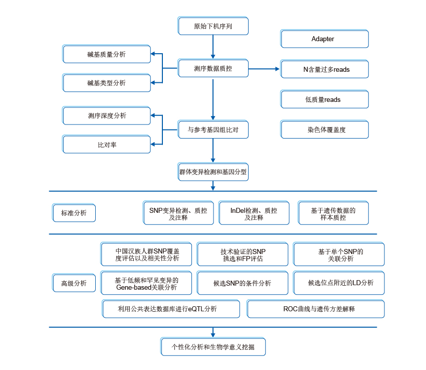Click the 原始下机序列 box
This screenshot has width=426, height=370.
tap(213, 26)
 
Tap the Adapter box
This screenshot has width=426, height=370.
tap(324, 39)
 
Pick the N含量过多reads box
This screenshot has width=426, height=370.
tap(324, 70)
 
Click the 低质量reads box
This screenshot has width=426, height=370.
tap(324, 99)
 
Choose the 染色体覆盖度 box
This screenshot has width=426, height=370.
tap(324, 130)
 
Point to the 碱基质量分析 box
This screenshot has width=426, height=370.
tap(106, 54)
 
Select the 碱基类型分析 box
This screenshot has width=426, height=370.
tap(106, 83)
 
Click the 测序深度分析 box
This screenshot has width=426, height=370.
tap(106, 115)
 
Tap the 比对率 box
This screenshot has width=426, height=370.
tap(106, 145)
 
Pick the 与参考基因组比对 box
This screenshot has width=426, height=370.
tap(213, 130)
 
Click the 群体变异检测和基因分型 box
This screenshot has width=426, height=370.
tap(213, 172)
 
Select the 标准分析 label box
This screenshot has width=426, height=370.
tap(74, 213)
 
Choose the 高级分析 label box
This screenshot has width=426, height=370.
tap(74, 283)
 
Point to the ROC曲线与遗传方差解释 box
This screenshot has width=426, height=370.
tap(316, 309)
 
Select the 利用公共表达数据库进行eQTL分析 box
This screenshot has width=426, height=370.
tap(171, 309)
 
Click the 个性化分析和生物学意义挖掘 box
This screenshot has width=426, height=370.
tap(213, 347)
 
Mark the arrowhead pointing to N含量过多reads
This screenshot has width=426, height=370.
tap(277, 69)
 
